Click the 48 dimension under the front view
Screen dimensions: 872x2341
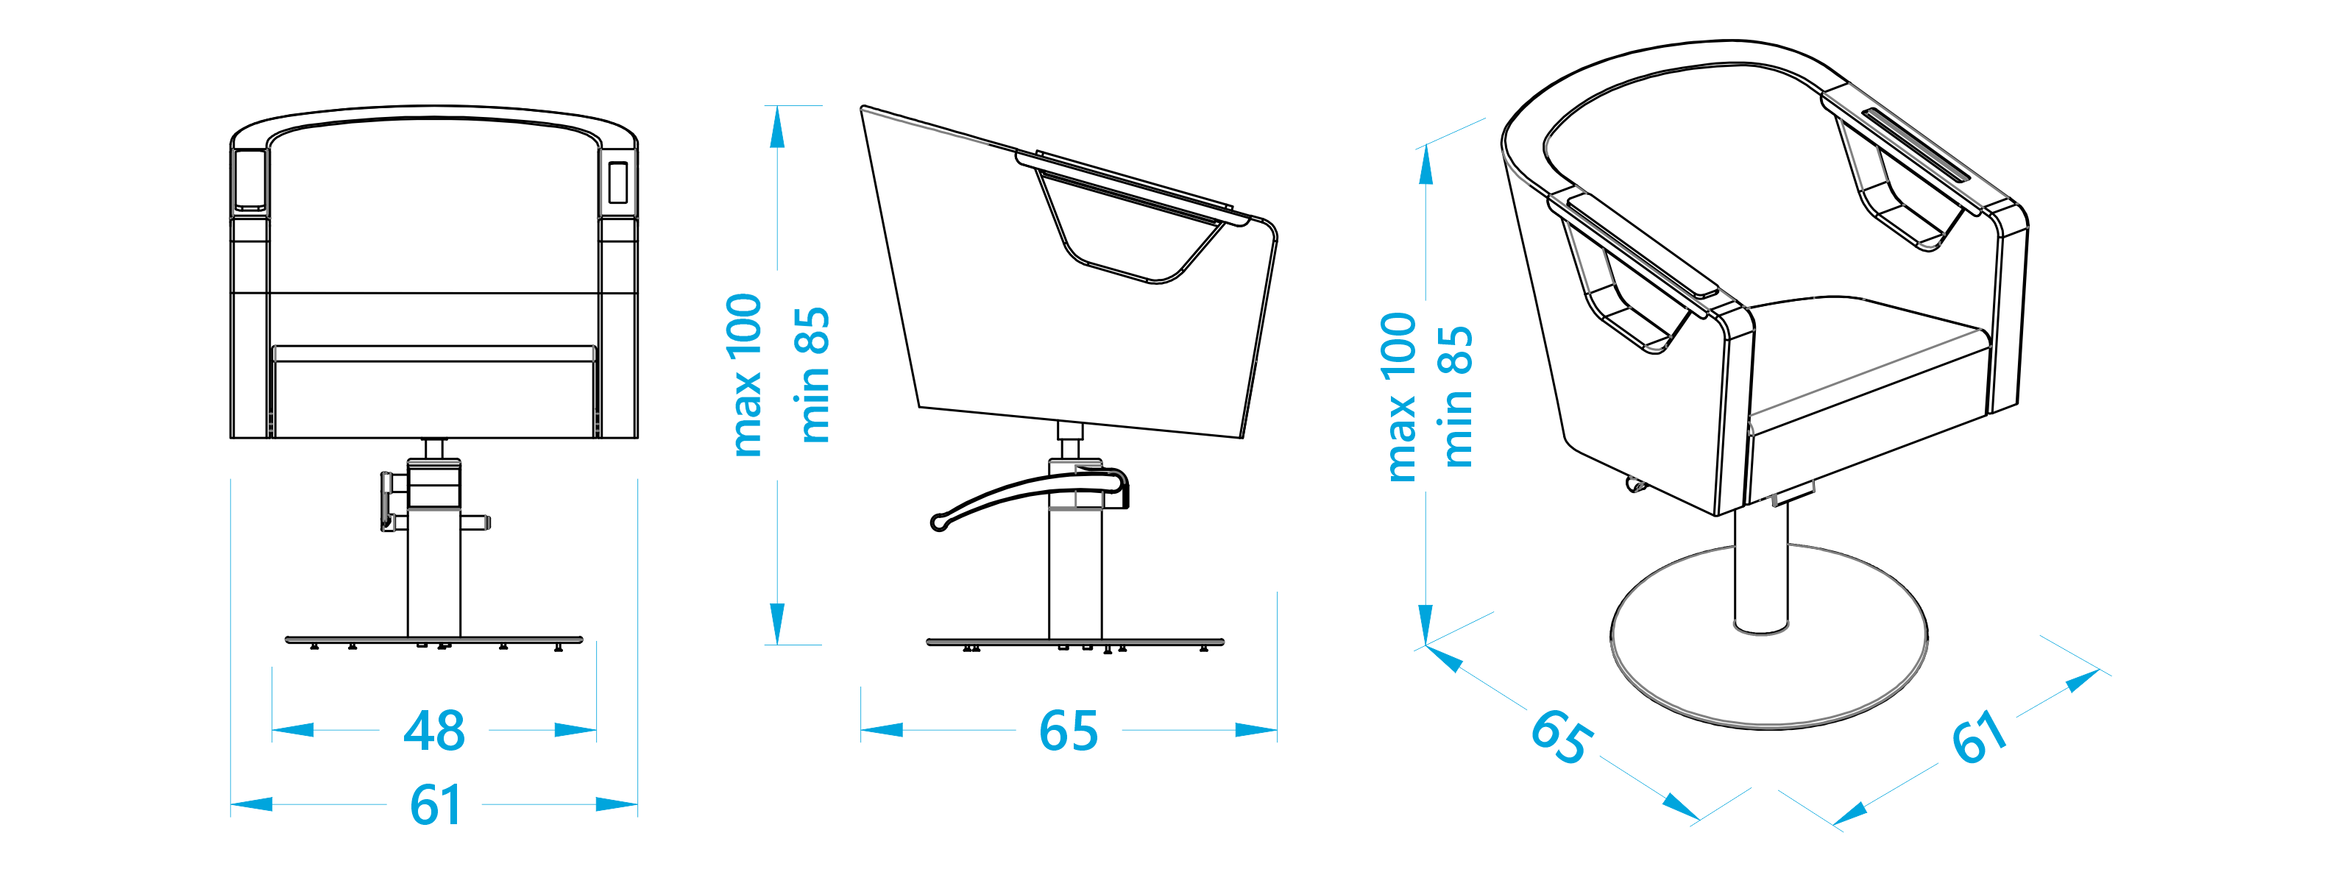(434, 730)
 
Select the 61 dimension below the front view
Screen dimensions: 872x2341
(435, 805)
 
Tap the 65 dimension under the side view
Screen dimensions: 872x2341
(1068, 730)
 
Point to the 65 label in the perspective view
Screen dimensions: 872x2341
(1560, 736)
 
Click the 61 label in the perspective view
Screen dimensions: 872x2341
(1980, 737)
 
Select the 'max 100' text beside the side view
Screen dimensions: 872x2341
(745, 375)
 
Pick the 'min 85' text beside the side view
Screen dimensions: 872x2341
(812, 375)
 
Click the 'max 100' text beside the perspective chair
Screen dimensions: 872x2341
(1400, 397)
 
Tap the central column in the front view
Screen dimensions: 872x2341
(434, 573)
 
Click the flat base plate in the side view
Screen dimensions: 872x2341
(1075, 642)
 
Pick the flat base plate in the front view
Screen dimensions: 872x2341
(434, 640)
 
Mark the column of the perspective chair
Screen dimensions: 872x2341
(1760, 573)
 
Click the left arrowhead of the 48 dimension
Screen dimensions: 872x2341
(293, 730)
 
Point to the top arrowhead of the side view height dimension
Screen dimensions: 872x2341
(776, 127)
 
